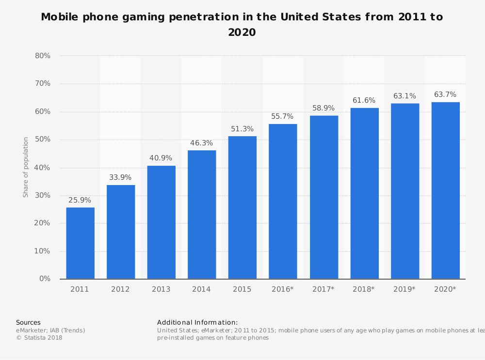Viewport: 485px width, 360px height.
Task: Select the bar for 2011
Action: (80, 243)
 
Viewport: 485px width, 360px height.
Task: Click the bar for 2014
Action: (202, 215)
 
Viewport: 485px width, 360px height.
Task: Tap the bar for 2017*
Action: (323, 197)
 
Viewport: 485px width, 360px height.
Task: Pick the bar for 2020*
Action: (445, 190)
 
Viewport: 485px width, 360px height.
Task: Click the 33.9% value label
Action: (121, 177)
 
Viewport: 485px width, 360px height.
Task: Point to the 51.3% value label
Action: (242, 128)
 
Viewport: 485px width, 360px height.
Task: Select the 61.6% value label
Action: (364, 100)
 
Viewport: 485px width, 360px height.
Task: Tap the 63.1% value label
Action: (404, 96)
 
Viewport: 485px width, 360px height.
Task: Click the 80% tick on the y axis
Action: (43, 56)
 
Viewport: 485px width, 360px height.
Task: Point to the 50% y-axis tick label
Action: (43, 140)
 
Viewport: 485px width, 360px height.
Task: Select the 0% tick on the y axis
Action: (45, 279)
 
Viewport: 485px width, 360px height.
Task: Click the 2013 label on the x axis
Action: (161, 289)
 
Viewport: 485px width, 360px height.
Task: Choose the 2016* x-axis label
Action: (283, 289)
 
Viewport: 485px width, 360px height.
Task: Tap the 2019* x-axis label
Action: (404, 289)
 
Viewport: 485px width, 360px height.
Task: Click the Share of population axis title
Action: (26, 167)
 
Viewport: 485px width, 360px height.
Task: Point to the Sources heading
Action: (28, 322)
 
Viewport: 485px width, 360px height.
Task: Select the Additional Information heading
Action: (197, 322)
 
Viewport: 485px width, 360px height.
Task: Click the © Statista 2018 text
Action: (39, 338)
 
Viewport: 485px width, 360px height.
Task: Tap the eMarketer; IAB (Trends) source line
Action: (50, 330)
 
